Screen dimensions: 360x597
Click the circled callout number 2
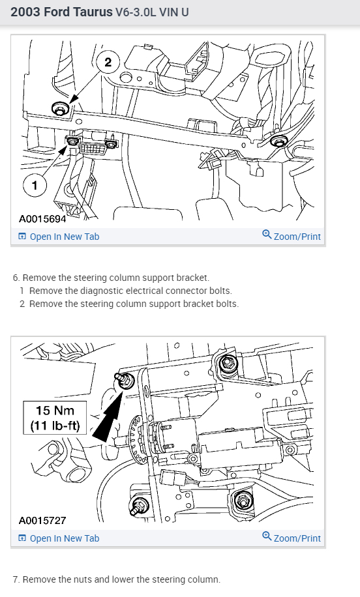coord(108,62)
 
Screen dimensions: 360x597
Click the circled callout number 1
coord(35,185)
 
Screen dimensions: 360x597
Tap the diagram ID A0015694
coord(42,218)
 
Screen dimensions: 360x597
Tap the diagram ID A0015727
coord(42,520)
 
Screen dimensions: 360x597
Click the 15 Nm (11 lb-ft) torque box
coord(55,418)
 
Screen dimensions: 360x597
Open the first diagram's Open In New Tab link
coord(59,237)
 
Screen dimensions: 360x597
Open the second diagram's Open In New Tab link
coord(59,538)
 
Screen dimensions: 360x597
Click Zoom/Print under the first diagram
coord(292,236)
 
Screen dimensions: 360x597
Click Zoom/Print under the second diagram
coord(292,538)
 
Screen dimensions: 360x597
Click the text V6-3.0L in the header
coord(136,12)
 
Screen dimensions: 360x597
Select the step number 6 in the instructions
coord(16,278)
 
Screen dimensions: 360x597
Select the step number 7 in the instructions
coord(16,579)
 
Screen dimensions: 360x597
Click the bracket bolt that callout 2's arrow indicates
coord(59,109)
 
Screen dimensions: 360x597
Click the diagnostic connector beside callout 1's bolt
coord(91,146)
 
